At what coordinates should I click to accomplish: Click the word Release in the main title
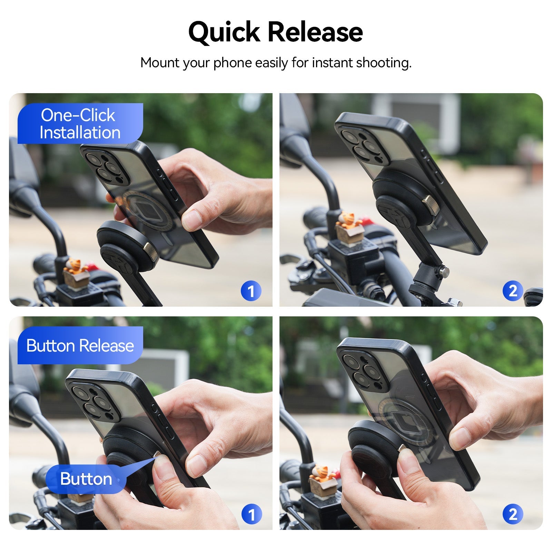[315, 32]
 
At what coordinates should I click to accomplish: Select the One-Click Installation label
[80, 124]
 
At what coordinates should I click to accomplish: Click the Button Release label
[80, 345]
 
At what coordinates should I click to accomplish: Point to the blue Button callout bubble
[86, 479]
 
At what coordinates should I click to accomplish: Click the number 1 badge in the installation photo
[251, 291]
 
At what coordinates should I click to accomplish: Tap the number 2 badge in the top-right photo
[513, 291]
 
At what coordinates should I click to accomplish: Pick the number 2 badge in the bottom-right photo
[513, 514]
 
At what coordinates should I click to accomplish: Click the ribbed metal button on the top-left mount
[151, 251]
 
